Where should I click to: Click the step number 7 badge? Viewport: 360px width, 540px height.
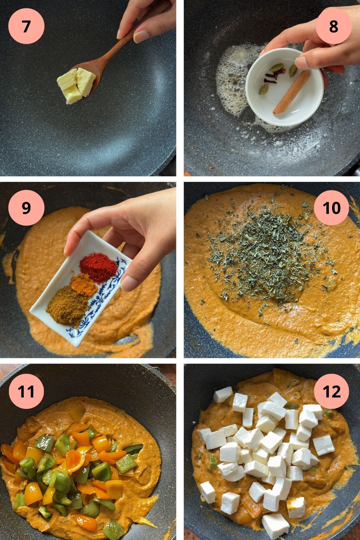pyautogui.click(x=26, y=26)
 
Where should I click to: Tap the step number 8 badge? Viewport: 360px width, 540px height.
pyautogui.click(x=334, y=26)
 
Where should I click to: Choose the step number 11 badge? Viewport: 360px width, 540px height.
pyautogui.click(x=26, y=391)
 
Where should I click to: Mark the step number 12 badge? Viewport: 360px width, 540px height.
pyautogui.click(x=332, y=391)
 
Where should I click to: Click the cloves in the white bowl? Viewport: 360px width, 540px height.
pyautogui.click(x=271, y=75)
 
